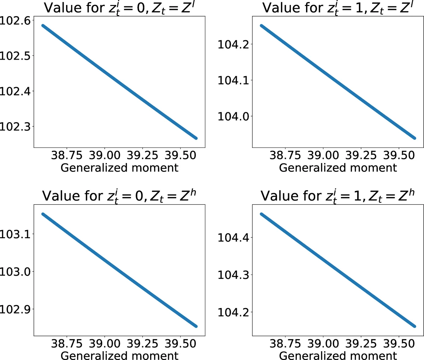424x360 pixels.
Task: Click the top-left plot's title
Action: coord(119,8)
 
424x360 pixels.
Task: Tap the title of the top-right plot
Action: coord(337,8)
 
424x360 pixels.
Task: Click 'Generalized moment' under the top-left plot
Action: coord(119,167)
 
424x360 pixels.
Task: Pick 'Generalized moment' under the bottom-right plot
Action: coord(338,355)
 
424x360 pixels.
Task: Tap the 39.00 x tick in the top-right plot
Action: coord(323,155)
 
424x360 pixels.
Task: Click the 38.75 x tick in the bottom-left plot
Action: coord(67,343)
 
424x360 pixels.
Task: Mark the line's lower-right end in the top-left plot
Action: coord(196,138)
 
